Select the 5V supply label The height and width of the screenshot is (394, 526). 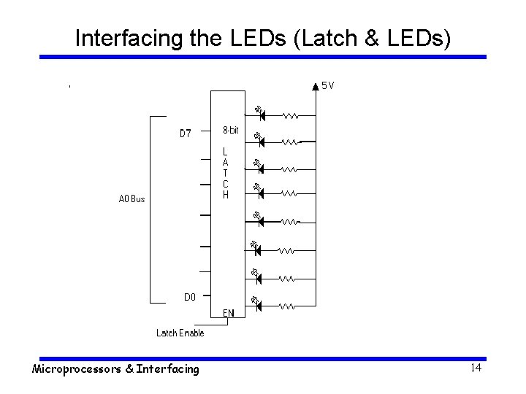click(x=328, y=85)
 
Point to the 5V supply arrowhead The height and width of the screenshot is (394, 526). click(x=316, y=86)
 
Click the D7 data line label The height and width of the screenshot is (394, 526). click(x=186, y=134)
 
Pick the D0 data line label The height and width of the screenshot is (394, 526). click(x=188, y=297)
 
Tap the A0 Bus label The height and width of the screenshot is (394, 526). click(x=131, y=198)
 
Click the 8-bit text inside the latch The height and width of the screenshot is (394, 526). click(x=230, y=131)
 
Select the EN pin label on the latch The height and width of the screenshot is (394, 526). click(x=229, y=313)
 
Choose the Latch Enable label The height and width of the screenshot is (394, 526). click(x=180, y=333)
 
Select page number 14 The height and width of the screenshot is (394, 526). click(x=475, y=368)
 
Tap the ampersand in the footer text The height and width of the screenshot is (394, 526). click(x=130, y=369)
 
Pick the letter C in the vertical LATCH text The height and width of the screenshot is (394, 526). click(x=226, y=185)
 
